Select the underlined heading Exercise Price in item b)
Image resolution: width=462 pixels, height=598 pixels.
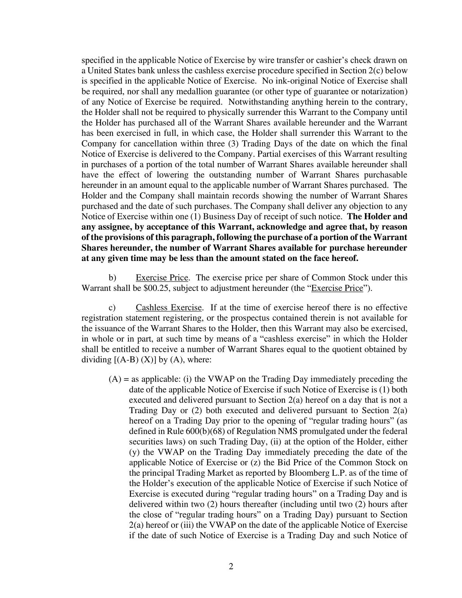point(162,278)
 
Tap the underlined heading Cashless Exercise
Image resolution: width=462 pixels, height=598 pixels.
point(168,308)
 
